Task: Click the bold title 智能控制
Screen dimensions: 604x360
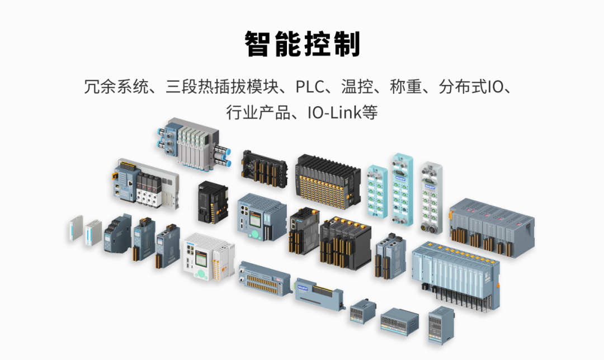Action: click(x=303, y=44)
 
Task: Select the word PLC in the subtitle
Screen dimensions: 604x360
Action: click(x=310, y=87)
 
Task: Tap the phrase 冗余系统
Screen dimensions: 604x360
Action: click(x=116, y=87)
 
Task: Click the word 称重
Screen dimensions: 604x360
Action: click(x=406, y=87)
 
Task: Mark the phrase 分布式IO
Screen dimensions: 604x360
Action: click(x=471, y=87)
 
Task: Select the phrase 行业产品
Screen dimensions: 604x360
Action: click(x=258, y=112)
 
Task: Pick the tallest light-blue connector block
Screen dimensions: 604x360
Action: click(x=403, y=189)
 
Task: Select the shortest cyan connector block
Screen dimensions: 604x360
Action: click(x=377, y=191)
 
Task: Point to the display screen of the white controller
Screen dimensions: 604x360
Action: click(x=201, y=259)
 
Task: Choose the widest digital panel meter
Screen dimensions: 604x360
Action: click(x=399, y=321)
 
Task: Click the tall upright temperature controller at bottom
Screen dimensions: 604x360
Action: click(x=441, y=325)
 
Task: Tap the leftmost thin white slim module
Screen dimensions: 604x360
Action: click(x=76, y=228)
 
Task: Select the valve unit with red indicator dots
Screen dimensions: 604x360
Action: click(x=147, y=184)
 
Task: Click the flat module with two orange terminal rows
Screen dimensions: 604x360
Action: click(x=264, y=279)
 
